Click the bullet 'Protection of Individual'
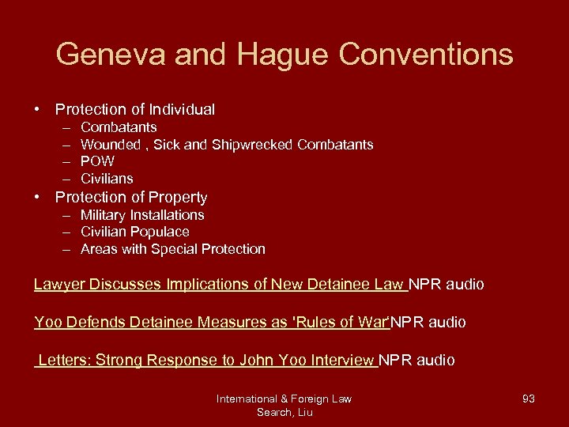134,109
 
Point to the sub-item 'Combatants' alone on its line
119,127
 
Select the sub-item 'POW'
97,161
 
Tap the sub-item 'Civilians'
107,179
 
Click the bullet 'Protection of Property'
131,197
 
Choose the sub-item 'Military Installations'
142,215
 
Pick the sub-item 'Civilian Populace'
135,232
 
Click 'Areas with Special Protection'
173,249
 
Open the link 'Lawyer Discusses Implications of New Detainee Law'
220,284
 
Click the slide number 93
529,399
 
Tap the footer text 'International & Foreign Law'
284,399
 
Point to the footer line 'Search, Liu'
284,412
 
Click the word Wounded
110,145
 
